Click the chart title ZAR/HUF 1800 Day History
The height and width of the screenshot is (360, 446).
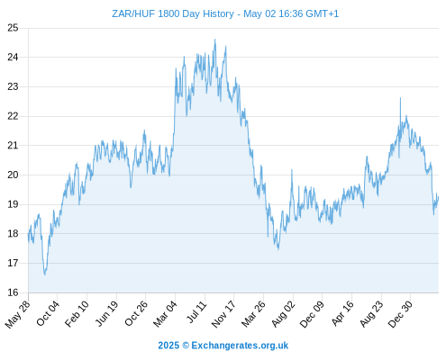(173, 13)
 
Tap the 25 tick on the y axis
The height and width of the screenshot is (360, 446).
(13, 28)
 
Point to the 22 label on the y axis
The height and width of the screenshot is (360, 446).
(13, 116)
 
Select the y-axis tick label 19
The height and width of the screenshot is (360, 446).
(13, 204)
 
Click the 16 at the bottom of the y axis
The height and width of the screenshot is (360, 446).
(13, 292)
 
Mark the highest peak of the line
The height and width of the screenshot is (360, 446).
(214, 39)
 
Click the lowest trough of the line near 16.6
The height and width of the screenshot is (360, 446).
(45, 274)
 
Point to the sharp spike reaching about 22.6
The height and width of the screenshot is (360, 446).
(400, 98)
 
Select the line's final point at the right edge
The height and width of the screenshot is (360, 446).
(439, 196)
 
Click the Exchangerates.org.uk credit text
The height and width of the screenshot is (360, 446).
(240, 346)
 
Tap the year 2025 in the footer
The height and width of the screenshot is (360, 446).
(168, 346)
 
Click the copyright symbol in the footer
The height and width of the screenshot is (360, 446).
(186, 346)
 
